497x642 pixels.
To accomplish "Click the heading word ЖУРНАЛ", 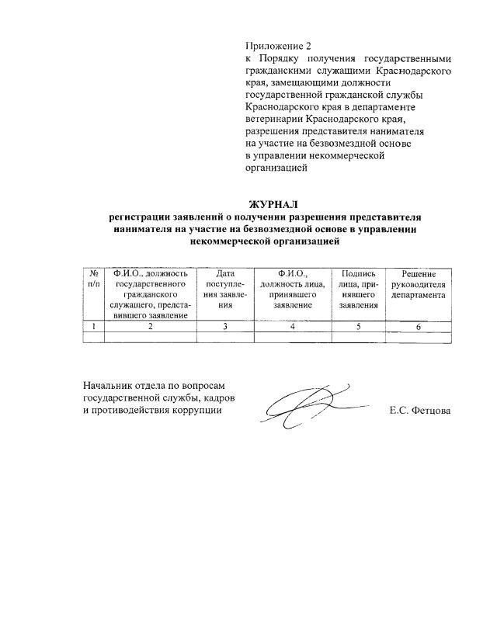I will tap(268, 205).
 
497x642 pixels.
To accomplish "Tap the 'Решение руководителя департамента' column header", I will tap(419, 284).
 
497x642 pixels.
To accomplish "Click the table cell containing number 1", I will tap(93, 327).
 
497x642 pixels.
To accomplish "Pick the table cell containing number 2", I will tap(151, 327).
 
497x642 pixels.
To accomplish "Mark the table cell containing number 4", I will tap(292, 327).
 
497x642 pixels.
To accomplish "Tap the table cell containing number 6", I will tap(419, 327).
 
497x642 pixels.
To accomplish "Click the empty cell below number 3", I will tap(226, 338).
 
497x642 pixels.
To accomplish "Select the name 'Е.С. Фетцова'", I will tap(419, 411).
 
